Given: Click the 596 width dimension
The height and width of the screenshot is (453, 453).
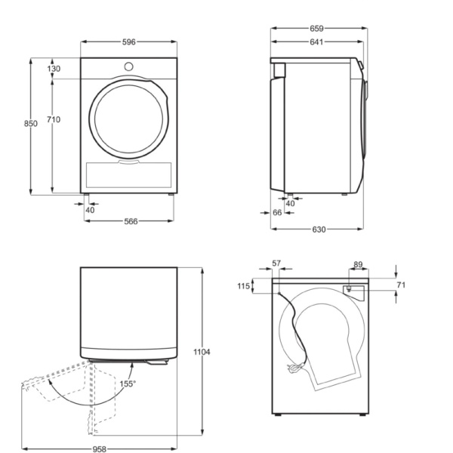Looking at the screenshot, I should click(129, 42).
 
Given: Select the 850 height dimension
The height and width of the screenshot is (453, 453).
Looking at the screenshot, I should click(30, 124).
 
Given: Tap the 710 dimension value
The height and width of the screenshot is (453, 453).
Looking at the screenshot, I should click(54, 120).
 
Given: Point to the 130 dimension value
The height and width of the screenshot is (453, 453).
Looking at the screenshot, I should click(54, 69).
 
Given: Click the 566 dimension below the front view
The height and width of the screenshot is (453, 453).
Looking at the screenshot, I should click(129, 221).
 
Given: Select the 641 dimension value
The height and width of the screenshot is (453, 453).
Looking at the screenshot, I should click(316, 42).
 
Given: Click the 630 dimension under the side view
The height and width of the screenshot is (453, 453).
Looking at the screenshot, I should click(318, 230).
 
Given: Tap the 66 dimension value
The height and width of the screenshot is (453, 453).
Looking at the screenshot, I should click(277, 214).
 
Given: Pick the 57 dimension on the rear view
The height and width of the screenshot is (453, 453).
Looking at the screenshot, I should click(276, 264).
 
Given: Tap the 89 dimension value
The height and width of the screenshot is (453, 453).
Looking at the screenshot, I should click(358, 264).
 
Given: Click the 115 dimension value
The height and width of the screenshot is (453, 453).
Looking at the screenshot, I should click(242, 286).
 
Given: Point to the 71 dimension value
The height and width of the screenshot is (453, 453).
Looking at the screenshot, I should click(401, 285).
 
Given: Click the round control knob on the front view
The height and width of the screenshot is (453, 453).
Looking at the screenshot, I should click(128, 66).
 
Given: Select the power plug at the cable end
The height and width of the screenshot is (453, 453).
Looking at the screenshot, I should click(292, 369).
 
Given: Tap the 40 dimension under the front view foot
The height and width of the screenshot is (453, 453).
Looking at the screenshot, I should click(91, 210).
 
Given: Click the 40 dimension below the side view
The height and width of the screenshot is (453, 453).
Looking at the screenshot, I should click(291, 203).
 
